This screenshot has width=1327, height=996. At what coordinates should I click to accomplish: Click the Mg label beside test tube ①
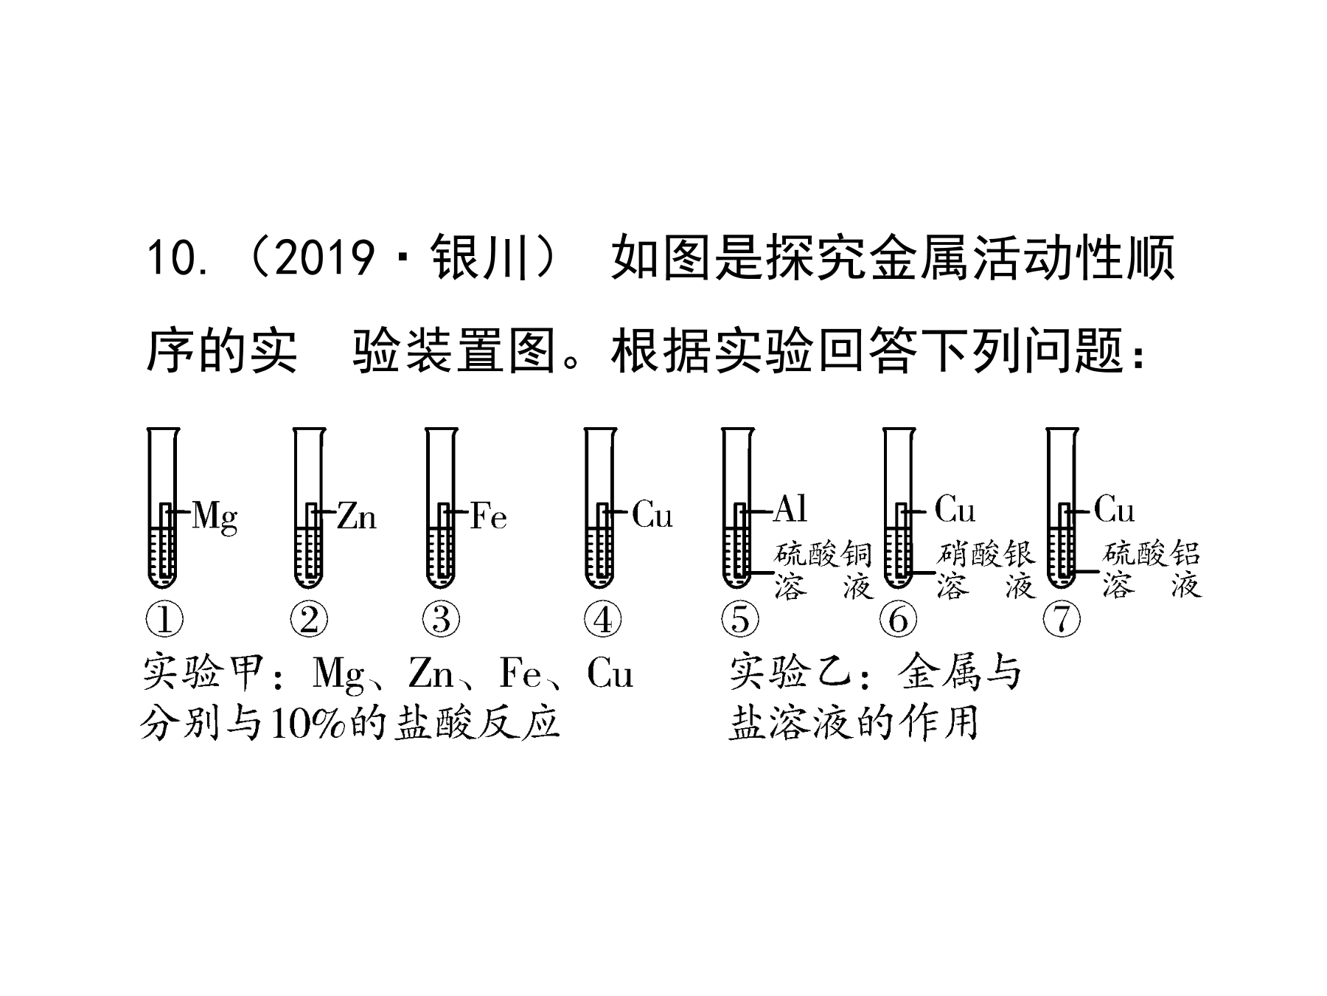(x=215, y=517)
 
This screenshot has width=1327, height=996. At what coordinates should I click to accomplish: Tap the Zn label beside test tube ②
(x=357, y=516)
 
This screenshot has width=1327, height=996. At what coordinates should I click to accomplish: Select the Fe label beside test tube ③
(x=489, y=516)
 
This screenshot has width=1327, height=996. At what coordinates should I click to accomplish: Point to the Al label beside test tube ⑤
(x=790, y=509)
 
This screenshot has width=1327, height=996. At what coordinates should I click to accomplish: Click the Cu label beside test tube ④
(x=652, y=516)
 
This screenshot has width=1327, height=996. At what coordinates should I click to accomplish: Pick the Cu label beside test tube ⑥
(x=955, y=509)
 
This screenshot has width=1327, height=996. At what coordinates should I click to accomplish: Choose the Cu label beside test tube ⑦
(x=1114, y=509)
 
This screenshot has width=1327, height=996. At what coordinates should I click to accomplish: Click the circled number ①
(x=164, y=619)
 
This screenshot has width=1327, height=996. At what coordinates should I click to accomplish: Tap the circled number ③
(x=442, y=619)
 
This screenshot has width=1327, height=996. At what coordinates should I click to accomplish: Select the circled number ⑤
(x=739, y=619)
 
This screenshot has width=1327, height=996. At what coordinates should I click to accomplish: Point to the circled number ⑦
(x=1062, y=619)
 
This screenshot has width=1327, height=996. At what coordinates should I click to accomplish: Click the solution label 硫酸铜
(x=823, y=555)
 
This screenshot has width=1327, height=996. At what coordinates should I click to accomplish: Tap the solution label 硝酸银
(x=986, y=555)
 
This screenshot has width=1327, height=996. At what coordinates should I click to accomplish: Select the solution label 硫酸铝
(x=1152, y=555)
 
